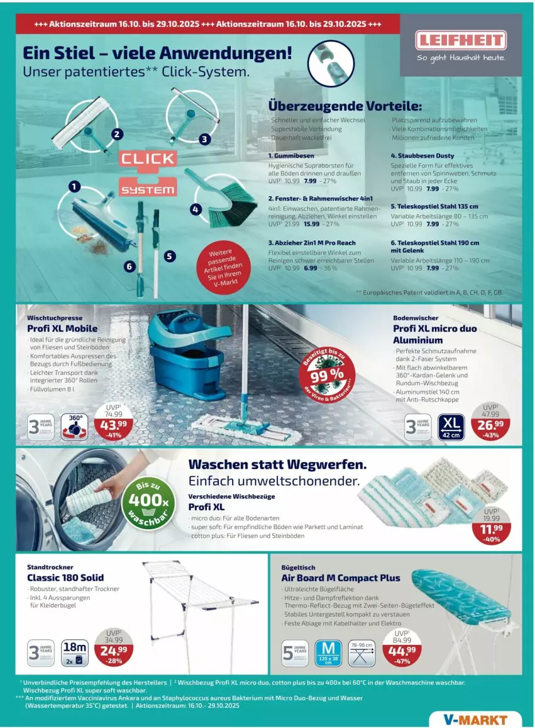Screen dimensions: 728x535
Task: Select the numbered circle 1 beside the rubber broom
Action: (x=74, y=186)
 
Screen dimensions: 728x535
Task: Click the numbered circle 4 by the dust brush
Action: (x=196, y=209)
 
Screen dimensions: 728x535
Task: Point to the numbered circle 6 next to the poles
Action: (x=130, y=266)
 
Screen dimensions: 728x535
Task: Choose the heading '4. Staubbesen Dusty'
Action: (x=422, y=155)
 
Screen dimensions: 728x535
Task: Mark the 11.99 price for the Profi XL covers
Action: (x=492, y=529)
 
